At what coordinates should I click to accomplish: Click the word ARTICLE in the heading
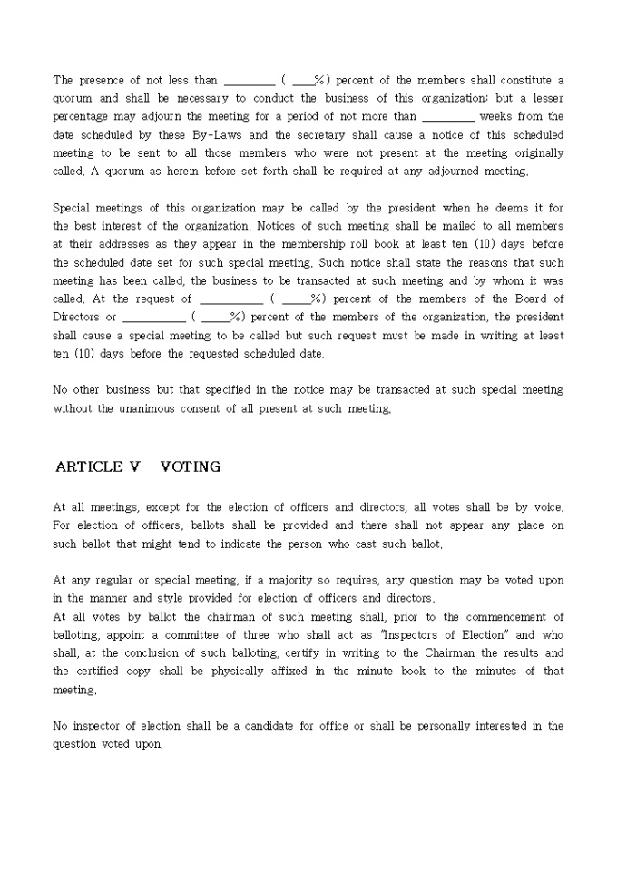pyautogui.click(x=88, y=467)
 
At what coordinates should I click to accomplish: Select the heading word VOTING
pyautogui.click(x=190, y=467)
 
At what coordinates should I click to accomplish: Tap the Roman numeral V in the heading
pyautogui.click(x=135, y=467)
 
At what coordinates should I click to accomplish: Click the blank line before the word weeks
pyautogui.click(x=448, y=117)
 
